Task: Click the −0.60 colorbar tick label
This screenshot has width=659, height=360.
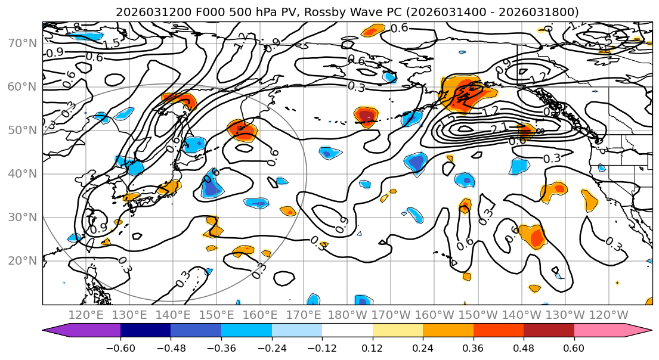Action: pyautogui.click(x=120, y=347)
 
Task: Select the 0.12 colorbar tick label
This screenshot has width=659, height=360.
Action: pyautogui.click(x=373, y=347)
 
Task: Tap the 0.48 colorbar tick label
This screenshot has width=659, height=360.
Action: pyautogui.click(x=524, y=347)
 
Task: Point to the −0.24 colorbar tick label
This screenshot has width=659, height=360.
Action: pyautogui.click(x=271, y=347)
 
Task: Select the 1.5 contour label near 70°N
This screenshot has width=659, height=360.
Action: pyautogui.click(x=112, y=44)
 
